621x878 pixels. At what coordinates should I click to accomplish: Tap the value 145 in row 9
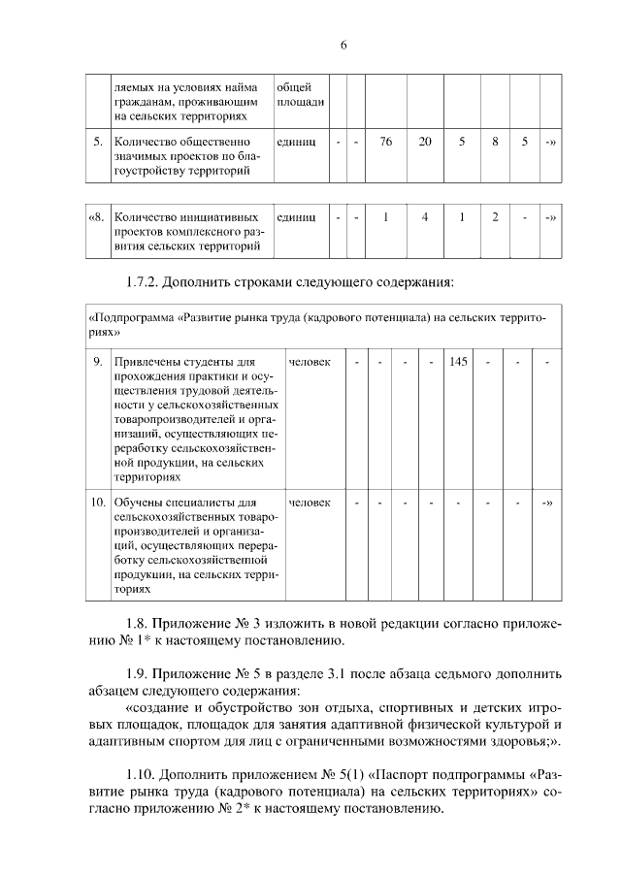tap(458, 362)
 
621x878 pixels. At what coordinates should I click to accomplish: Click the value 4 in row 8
tap(425, 216)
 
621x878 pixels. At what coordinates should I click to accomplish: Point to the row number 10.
tap(97, 503)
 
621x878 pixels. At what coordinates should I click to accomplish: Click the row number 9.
tap(98, 362)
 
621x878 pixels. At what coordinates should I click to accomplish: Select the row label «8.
tap(95, 216)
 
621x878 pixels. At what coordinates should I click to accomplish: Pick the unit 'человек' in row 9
tap(310, 362)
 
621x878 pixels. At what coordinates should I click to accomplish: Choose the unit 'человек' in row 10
tap(310, 503)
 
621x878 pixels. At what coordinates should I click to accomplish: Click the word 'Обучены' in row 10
tap(140, 503)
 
